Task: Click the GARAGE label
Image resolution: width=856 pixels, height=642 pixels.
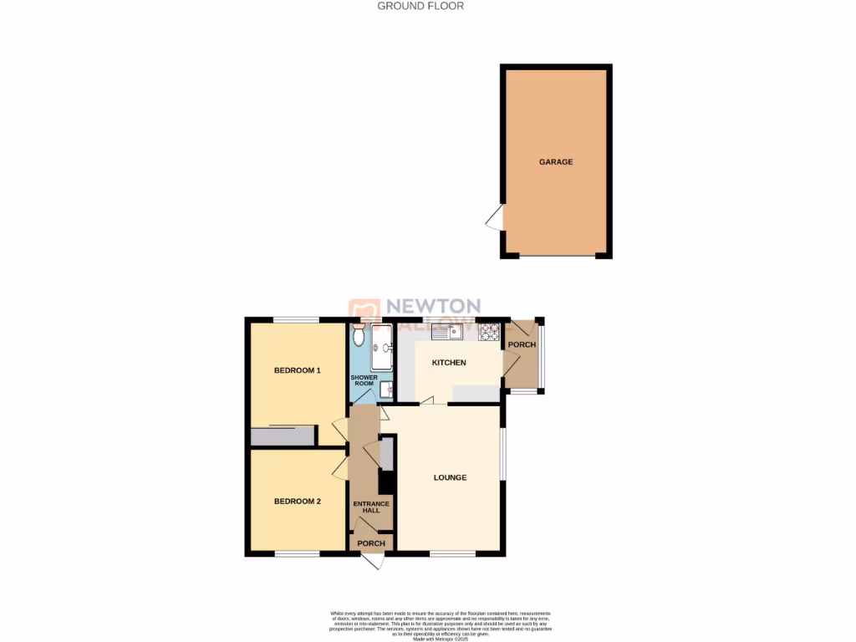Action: coord(556,162)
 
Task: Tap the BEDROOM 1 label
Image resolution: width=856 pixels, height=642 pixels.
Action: coord(298,370)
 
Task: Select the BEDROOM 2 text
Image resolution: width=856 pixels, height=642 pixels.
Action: coord(298,502)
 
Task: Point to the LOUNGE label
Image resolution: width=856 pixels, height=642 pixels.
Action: coord(450,478)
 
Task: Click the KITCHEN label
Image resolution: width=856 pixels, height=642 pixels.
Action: coord(449,363)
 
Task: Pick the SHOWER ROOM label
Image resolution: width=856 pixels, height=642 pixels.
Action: coord(364,381)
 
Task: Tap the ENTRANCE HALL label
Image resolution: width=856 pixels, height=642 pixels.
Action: coord(371,507)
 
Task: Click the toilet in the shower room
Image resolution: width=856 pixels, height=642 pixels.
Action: coord(359,336)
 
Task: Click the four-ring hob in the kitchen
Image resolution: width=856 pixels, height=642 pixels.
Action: coord(489,332)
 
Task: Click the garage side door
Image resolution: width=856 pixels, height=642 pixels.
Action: coord(495,219)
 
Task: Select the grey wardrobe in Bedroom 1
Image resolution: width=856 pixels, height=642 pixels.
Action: coord(283,436)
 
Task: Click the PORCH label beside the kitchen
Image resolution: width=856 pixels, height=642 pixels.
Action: coord(522,344)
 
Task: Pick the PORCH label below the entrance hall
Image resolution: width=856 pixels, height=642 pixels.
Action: coord(371,543)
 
